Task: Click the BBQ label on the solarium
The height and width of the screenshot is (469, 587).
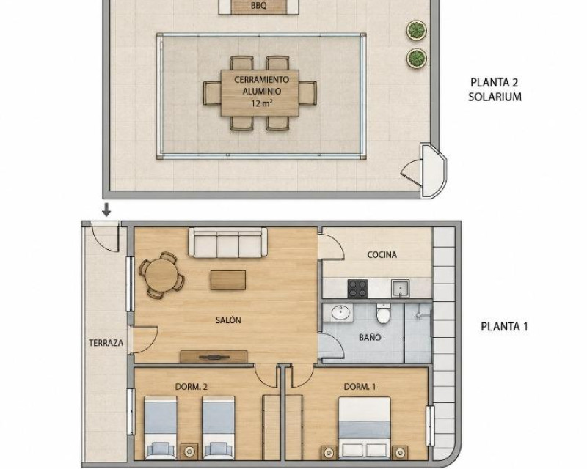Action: pyautogui.click(x=259, y=6)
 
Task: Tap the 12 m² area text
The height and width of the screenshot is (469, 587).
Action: pyautogui.click(x=262, y=103)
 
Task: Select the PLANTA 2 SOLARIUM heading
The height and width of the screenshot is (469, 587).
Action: pyautogui.click(x=495, y=89)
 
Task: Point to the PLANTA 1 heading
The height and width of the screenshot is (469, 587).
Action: pyautogui.click(x=504, y=327)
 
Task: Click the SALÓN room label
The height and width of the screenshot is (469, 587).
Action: pyautogui.click(x=228, y=320)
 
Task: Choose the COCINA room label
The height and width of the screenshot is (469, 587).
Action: pyautogui.click(x=382, y=255)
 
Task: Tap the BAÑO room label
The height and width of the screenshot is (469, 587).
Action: pyautogui.click(x=370, y=337)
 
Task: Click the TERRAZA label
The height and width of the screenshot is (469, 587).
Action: pyautogui.click(x=106, y=343)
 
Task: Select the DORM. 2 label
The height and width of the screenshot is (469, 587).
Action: pyautogui.click(x=191, y=387)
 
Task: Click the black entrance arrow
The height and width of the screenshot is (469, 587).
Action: pyautogui.click(x=106, y=210)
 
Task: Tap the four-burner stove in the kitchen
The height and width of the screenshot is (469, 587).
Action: pyautogui.click(x=357, y=289)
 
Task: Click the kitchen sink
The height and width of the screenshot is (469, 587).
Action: pyautogui.click(x=400, y=289)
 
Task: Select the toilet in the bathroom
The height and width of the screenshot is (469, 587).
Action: pyautogui.click(x=384, y=314)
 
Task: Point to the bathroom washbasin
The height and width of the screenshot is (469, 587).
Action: pyautogui.click(x=341, y=313)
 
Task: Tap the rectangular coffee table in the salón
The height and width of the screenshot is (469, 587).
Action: pyautogui.click(x=228, y=280)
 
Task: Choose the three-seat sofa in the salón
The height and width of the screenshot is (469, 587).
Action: pyautogui.click(x=227, y=243)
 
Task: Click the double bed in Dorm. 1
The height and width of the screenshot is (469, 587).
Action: pyautogui.click(x=364, y=428)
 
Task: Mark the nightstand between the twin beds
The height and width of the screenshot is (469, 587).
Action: pyautogui.click(x=189, y=451)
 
